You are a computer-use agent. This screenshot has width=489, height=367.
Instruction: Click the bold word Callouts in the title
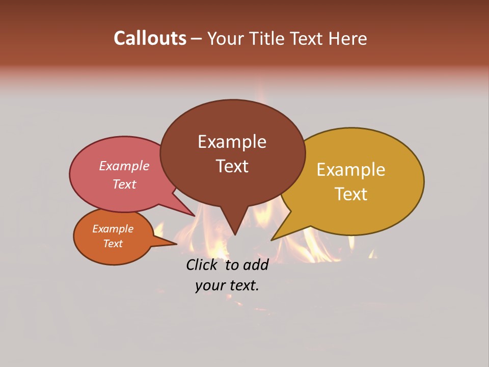click(150, 38)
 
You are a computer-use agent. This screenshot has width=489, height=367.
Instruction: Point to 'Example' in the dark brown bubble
click(232, 142)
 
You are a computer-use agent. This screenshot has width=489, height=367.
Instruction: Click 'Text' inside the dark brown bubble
click(232, 166)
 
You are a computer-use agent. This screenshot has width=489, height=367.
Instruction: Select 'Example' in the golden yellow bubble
click(351, 170)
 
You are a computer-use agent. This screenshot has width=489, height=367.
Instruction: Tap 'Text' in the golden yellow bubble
click(351, 194)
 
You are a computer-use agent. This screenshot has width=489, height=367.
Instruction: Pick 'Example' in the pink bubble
click(124, 166)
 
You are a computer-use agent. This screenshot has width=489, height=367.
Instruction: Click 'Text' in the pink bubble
click(124, 184)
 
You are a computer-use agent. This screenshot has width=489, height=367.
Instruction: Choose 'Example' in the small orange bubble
click(113, 229)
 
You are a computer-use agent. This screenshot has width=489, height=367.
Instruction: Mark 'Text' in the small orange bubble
click(113, 244)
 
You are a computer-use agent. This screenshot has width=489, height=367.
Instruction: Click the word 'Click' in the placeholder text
click(203, 265)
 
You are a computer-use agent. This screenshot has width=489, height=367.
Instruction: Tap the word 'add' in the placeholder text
click(255, 265)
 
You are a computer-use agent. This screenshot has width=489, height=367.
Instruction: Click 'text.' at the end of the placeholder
click(243, 285)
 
